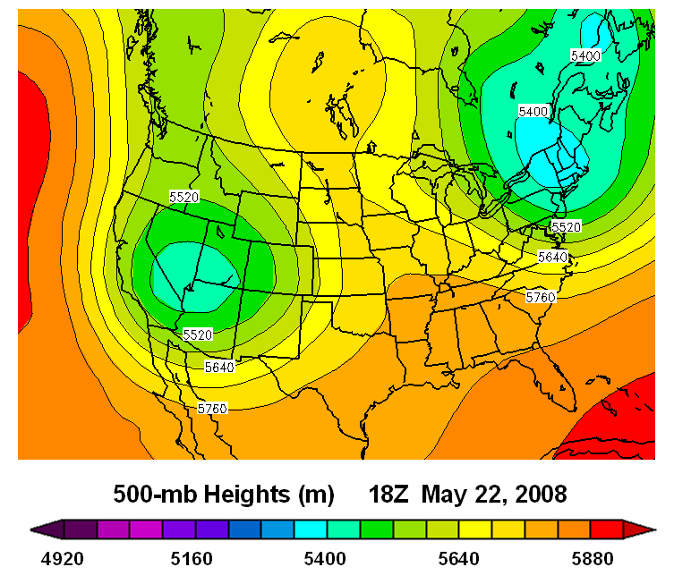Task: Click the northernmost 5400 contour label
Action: (585, 55)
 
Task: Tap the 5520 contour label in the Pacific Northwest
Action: (184, 196)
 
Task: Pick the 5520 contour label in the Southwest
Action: (198, 334)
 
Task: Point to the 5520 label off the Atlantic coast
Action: (566, 227)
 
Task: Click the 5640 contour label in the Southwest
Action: (220, 366)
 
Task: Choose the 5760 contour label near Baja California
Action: (213, 408)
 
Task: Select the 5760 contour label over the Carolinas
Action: (541, 296)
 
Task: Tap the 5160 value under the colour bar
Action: (192, 559)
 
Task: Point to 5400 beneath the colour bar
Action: (325, 559)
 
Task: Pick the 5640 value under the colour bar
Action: (458, 559)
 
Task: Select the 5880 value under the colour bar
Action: (591, 559)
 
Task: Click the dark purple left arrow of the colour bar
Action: (41, 529)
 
